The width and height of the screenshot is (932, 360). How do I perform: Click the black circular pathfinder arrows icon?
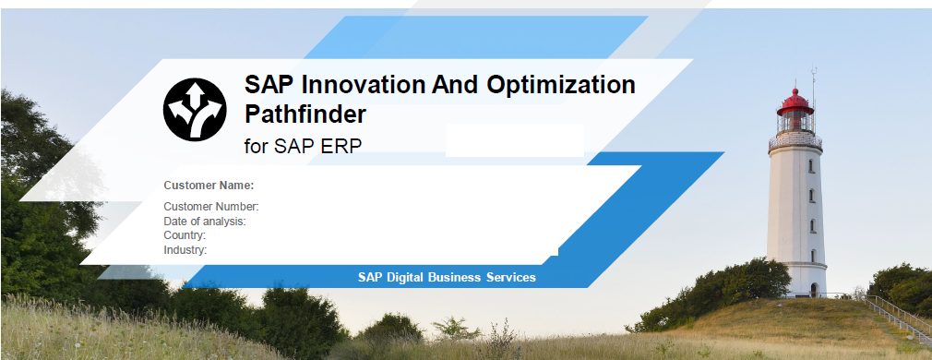pos(195,110)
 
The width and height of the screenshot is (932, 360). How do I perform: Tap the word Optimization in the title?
pos(561,86)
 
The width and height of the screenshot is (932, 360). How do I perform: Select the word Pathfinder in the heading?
pos(305,114)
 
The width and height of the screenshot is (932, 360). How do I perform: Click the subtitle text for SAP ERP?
pos(304,146)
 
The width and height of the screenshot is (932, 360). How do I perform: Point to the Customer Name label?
pos(209,186)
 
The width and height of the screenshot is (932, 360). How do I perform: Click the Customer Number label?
pos(211,207)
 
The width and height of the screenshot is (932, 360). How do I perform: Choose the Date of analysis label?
pos(205,222)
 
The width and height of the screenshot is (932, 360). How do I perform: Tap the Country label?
pos(185,235)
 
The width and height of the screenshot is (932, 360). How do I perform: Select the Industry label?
pos(185,250)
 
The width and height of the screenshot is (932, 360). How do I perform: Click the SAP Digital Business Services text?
pos(447,277)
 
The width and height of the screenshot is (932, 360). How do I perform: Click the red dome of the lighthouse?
pos(795,102)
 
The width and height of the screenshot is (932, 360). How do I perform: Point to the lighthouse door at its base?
pos(813,290)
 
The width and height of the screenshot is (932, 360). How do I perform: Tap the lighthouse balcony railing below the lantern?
pos(795,141)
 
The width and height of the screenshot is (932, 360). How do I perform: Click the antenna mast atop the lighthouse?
pos(814,95)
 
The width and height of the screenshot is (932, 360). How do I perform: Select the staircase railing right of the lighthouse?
pos(898,318)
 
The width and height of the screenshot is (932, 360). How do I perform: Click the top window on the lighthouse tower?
pos(811,166)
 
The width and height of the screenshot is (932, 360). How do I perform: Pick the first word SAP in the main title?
pos(269,85)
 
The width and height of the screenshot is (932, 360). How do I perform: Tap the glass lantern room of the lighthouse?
pos(795,123)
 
